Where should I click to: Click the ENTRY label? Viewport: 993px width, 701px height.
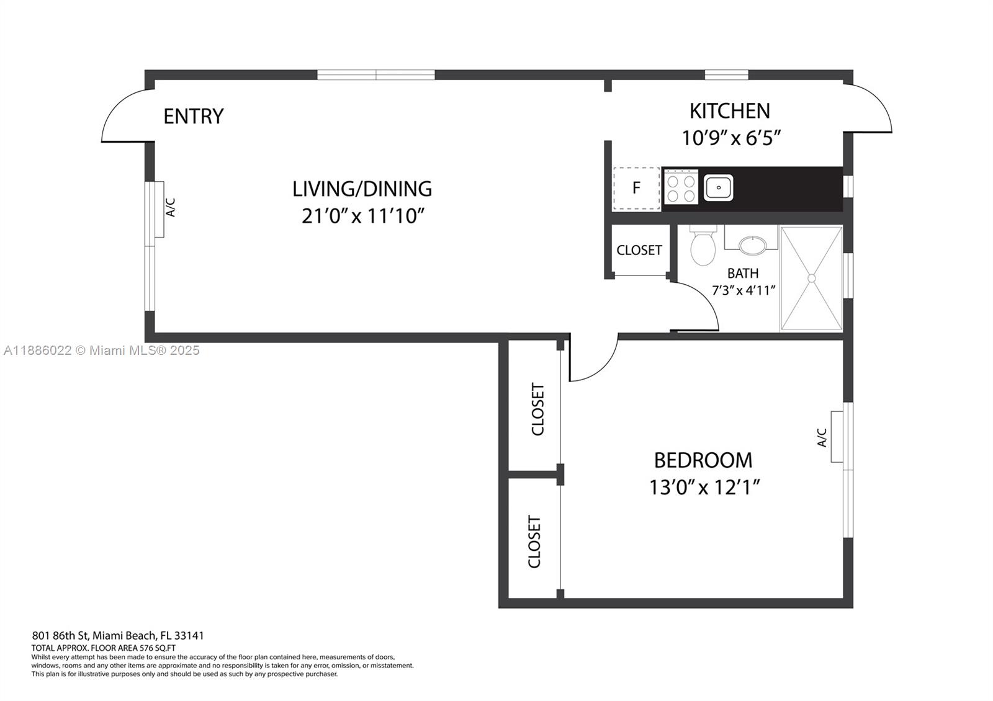[x=193, y=116]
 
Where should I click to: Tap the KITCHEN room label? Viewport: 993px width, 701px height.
[x=729, y=111]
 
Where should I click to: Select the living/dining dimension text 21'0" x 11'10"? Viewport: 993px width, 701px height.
[x=362, y=216]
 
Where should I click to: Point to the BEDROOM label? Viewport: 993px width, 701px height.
[x=703, y=460]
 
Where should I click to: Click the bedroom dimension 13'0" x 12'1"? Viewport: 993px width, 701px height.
[x=704, y=488]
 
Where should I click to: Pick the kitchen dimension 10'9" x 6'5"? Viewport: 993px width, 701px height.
[x=730, y=137]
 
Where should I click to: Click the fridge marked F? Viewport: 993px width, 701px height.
[x=636, y=188]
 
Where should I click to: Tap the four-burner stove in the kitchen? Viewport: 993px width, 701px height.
[x=680, y=187]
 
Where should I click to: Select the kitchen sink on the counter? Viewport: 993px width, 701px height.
[x=718, y=187]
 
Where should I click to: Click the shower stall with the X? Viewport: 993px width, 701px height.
[x=811, y=278]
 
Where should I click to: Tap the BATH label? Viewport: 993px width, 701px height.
[x=743, y=273]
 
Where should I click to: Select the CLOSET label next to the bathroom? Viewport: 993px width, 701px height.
[x=639, y=250]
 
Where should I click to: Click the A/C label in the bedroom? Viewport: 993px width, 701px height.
[x=822, y=437]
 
